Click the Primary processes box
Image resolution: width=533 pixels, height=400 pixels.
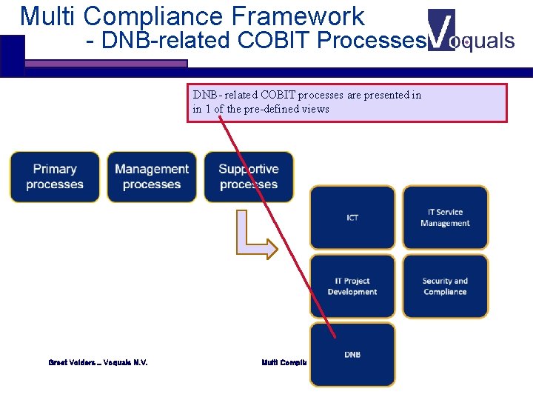point(54,177)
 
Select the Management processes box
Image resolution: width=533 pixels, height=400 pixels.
point(152,177)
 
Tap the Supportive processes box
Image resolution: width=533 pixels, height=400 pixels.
point(249,177)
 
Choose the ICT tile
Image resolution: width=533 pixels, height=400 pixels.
point(352,217)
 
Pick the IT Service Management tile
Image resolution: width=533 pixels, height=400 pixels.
point(445,217)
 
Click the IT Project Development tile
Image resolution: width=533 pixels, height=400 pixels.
point(352,287)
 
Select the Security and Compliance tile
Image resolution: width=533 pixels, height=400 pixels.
point(445,287)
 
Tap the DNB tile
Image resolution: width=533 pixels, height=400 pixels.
point(352,355)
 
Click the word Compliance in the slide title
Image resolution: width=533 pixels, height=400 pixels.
point(155,16)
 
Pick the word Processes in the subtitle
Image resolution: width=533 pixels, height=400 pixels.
point(369,41)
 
